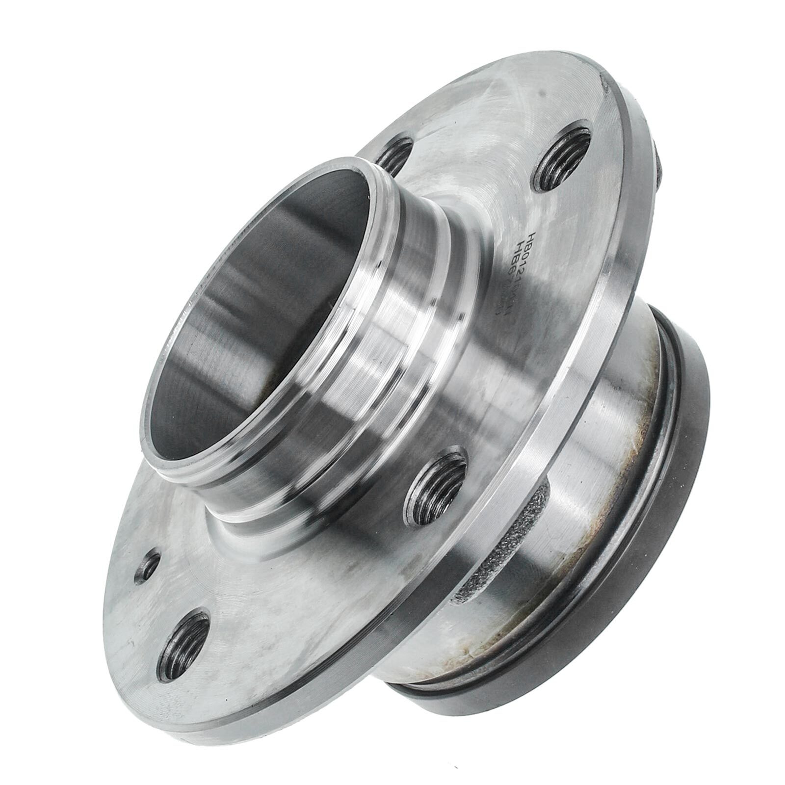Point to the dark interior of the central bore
point(255,314)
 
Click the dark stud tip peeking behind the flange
point(660,164)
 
